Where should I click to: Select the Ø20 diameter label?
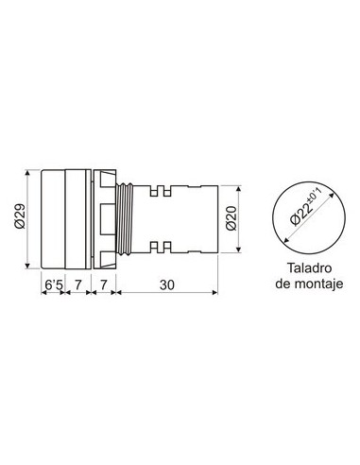[234, 216]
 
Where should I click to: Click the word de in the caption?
[282, 284]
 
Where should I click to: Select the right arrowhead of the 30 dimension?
[216, 294]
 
